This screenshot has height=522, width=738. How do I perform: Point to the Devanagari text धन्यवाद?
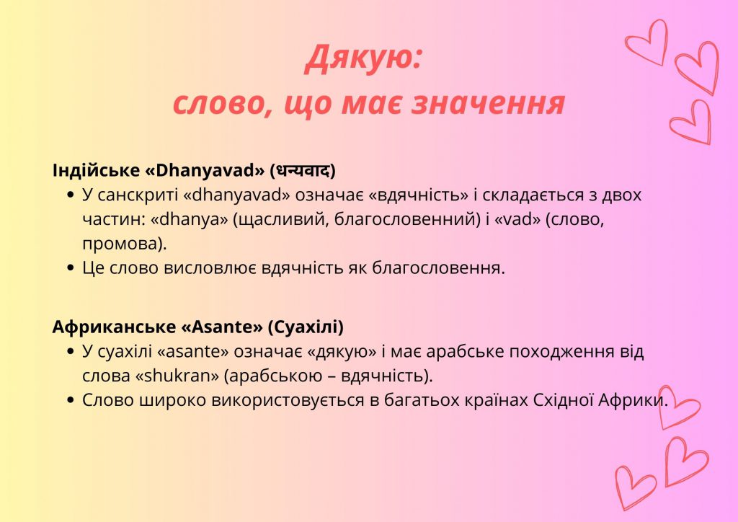(303, 171)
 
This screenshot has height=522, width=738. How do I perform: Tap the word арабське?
(460, 352)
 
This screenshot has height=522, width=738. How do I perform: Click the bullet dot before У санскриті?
(70, 196)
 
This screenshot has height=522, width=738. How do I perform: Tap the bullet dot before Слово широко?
(70, 401)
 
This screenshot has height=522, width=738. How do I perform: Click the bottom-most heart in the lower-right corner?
(634, 487)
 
